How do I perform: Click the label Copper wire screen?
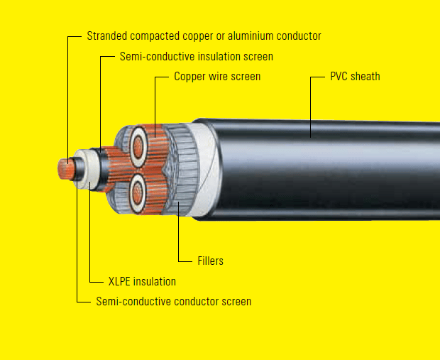(x=217, y=76)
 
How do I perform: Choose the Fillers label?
(x=211, y=261)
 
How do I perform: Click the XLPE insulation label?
(x=142, y=281)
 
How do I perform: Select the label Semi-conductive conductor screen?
(x=173, y=301)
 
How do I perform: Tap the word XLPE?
(x=121, y=281)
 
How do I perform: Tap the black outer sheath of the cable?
(x=319, y=170)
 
